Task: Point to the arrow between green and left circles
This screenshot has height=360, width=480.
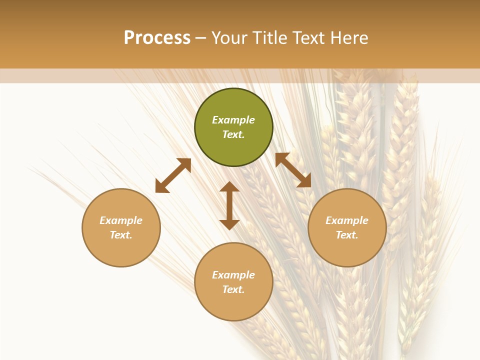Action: click(x=173, y=175)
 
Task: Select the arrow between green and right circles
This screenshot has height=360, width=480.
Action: click(x=293, y=170)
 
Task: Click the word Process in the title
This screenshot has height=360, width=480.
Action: click(x=157, y=38)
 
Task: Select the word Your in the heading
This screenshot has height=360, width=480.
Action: click(x=229, y=38)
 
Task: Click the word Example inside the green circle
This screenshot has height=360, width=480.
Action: click(x=233, y=120)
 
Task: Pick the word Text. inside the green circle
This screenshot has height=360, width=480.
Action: click(x=233, y=134)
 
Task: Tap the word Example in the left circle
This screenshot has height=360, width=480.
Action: click(x=121, y=220)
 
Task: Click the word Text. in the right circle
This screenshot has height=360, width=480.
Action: click(x=347, y=235)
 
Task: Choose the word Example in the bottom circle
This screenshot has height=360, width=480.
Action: click(x=233, y=275)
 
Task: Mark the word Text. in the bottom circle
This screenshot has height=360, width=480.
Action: click(x=233, y=289)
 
